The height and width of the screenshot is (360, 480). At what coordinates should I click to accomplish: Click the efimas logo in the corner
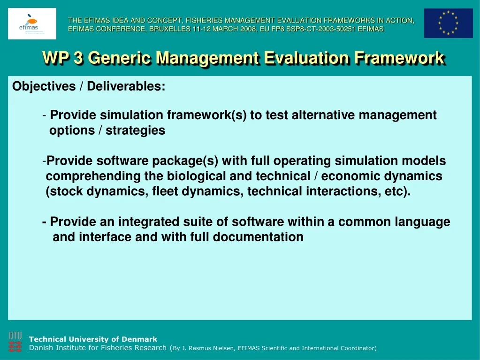pyautogui.click(x=32, y=23)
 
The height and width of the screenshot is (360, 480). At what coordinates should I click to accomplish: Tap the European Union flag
pyautogui.click(x=448, y=23)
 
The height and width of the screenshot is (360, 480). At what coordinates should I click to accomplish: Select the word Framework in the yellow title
pyautogui.click(x=399, y=58)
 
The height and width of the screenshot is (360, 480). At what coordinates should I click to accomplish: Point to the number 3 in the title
pyautogui.click(x=78, y=58)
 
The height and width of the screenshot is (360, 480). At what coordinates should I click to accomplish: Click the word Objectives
pyautogui.click(x=44, y=86)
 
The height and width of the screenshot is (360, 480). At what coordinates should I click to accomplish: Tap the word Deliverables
pyautogui.click(x=126, y=86)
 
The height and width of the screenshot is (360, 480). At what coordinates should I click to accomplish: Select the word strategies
pyautogui.click(x=135, y=130)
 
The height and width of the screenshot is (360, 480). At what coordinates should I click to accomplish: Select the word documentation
pyautogui.click(x=258, y=237)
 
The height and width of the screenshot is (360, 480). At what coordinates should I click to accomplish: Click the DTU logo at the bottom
pyautogui.click(x=15, y=342)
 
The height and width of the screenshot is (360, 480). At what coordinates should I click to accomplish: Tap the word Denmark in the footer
pyautogui.click(x=139, y=339)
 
